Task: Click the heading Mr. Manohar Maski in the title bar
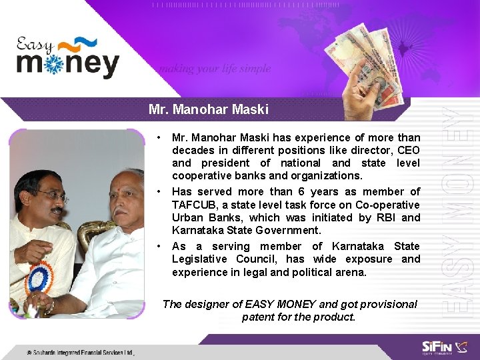click(x=209, y=109)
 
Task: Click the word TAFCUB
click(x=193, y=205)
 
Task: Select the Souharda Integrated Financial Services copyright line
click(x=80, y=352)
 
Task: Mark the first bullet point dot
click(x=159, y=138)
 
